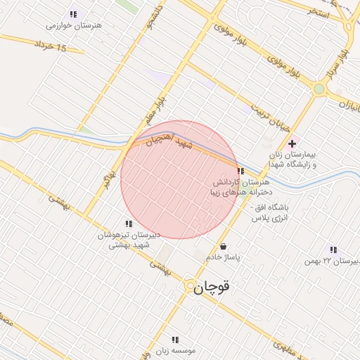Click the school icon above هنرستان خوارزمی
click(x=73, y=14)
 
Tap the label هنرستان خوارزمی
click(x=74, y=25)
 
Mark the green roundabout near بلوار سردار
click(x=319, y=89)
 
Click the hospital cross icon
click(x=292, y=143)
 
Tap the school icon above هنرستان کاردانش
click(x=240, y=171)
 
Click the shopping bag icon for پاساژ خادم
click(x=224, y=247)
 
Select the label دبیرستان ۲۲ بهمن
click(x=332, y=261)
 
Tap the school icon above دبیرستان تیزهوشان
click(x=129, y=224)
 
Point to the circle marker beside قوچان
click(x=191, y=287)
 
